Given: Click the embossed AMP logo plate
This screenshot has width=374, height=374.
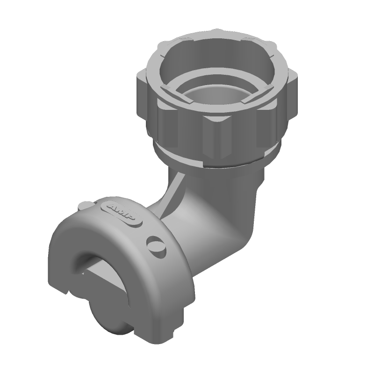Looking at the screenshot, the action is [x=122, y=212].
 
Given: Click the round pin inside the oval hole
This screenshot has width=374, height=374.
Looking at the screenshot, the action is [x=156, y=246].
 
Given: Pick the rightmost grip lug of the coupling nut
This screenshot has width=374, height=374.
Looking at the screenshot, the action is [x=293, y=93].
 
